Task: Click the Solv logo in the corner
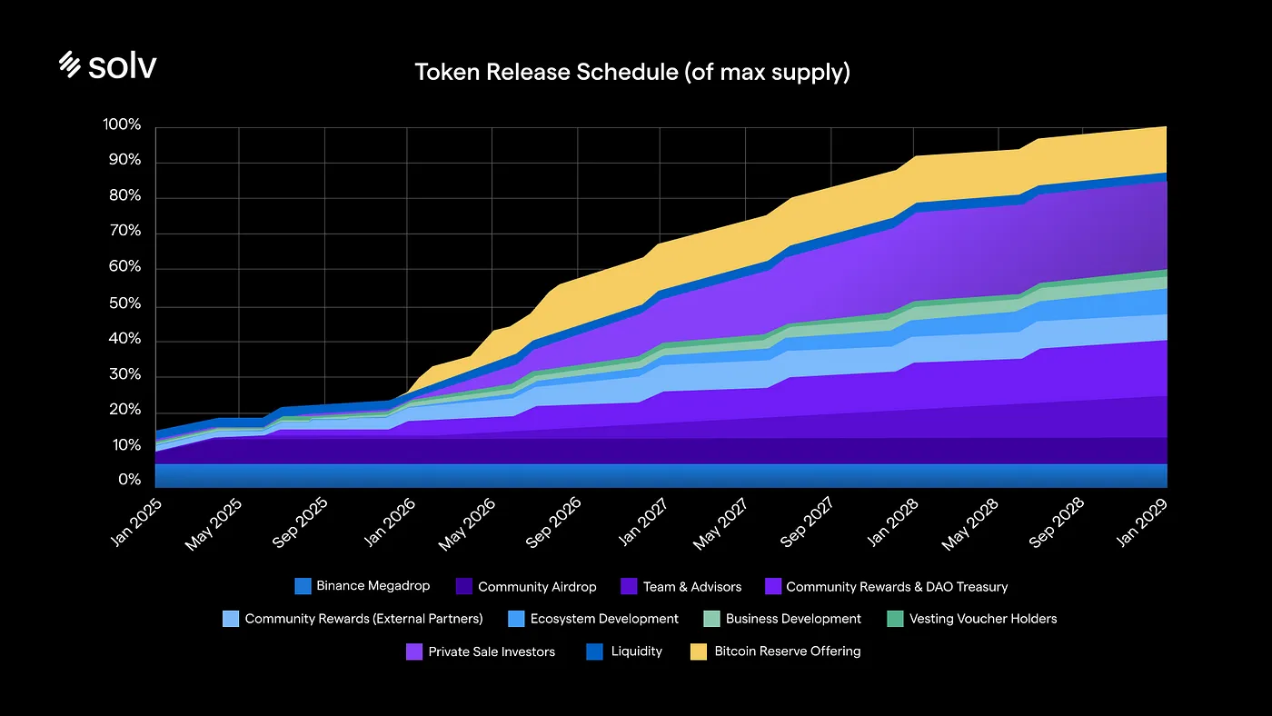coord(107,65)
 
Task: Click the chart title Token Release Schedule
coord(632,72)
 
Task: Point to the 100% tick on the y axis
coord(123,125)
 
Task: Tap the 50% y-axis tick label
coord(125,303)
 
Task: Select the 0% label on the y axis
coord(129,481)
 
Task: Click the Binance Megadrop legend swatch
coord(303,586)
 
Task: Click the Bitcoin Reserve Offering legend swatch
coord(700,651)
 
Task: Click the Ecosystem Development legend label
coord(604,619)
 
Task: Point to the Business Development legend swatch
coord(711,619)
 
